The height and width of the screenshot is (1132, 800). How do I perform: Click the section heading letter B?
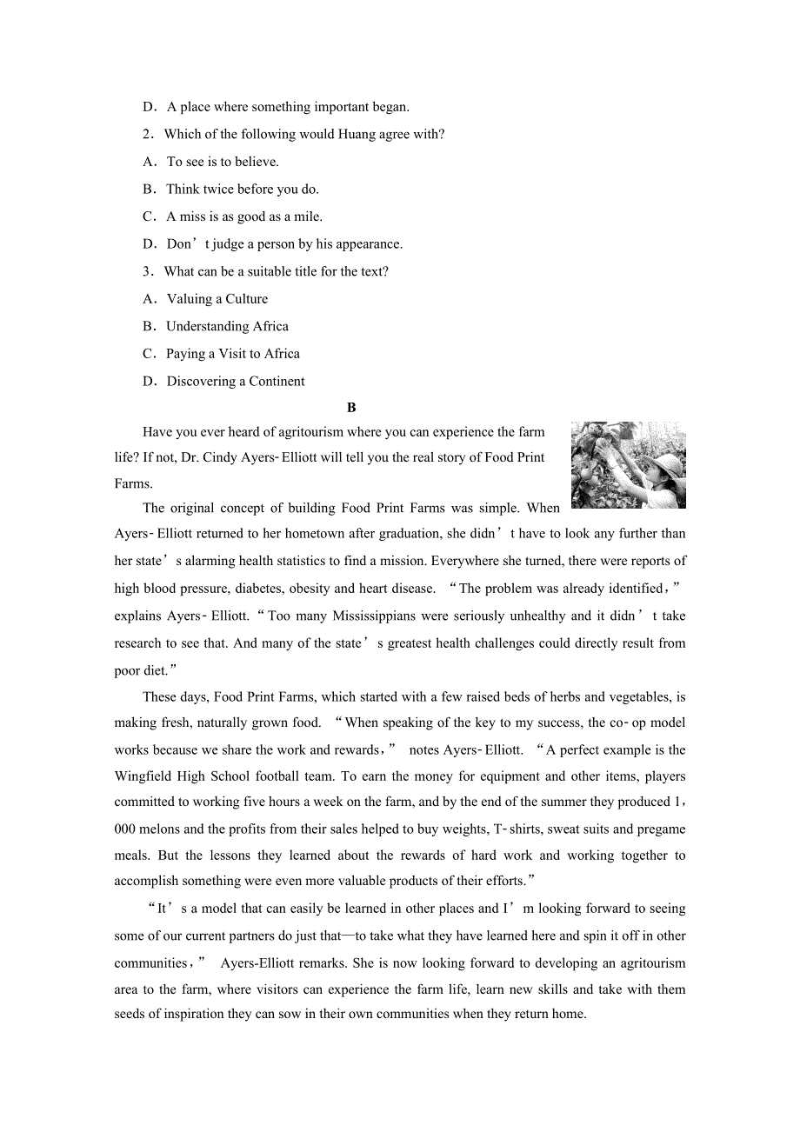351,408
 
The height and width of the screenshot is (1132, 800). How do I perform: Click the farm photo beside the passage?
628,465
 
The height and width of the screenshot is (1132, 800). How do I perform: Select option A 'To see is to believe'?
223,162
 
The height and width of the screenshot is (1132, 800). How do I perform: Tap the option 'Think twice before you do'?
242,189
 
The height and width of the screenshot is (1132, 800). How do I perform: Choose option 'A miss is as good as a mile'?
243,216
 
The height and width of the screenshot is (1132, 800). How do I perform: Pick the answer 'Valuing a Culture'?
217,299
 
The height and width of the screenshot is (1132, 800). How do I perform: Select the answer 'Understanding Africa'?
227,326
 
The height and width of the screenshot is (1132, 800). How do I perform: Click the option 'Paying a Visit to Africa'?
233,354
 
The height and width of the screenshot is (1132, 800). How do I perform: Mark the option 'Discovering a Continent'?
236,381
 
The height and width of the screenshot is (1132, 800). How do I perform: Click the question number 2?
148,134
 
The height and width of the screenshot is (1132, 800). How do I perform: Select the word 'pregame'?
661,829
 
